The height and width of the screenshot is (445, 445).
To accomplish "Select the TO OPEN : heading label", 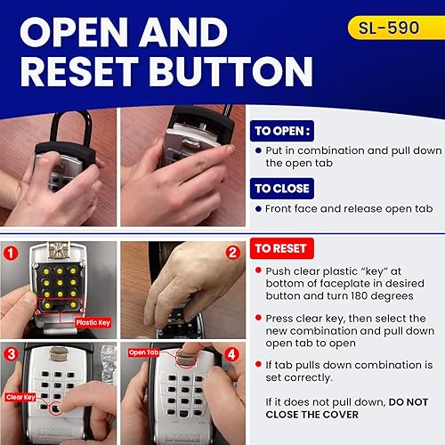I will pyautogui.click(x=282, y=129).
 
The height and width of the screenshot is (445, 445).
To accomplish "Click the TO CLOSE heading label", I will pyautogui.click(x=281, y=188).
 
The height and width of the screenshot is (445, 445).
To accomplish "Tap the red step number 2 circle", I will pyautogui.click(x=233, y=252).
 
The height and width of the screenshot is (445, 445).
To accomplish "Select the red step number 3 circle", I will pyautogui.click(x=11, y=353).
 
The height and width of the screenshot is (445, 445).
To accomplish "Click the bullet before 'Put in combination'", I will pyautogui.click(x=257, y=151).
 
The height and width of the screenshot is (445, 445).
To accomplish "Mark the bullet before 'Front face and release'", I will pyautogui.click(x=257, y=208).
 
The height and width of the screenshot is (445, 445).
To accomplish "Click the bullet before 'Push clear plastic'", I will pyautogui.click(x=257, y=270).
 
